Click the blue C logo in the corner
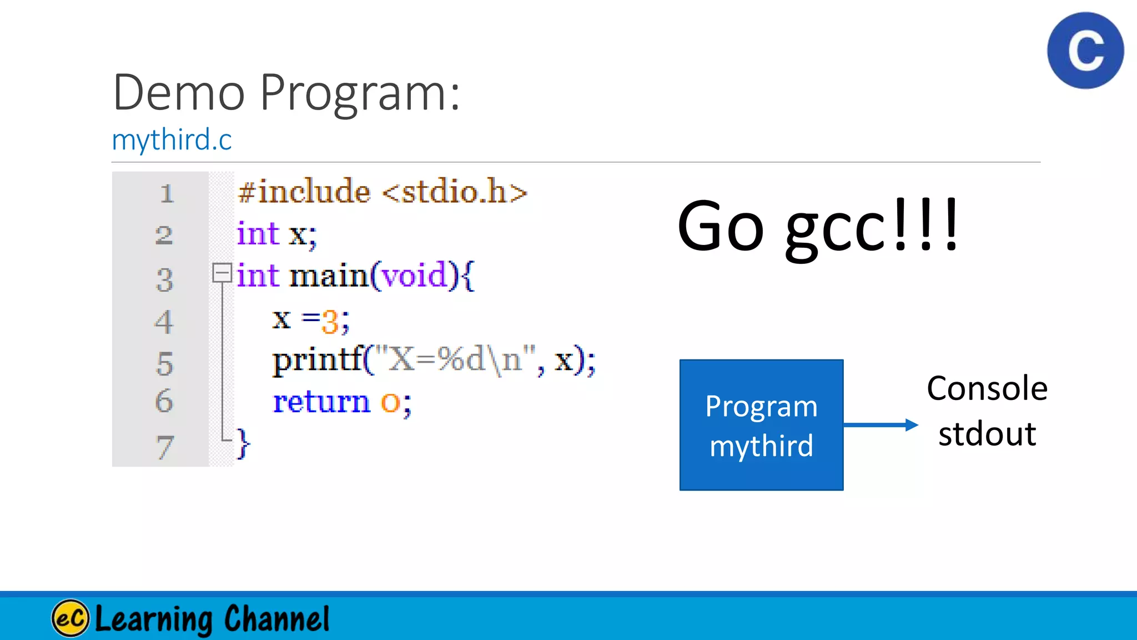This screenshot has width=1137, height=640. coord(1085,51)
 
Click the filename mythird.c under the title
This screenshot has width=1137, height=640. coord(172,139)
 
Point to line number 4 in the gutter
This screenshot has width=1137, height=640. coord(164,322)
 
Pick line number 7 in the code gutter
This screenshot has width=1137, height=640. coord(164,447)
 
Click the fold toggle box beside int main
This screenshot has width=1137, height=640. coord(222,273)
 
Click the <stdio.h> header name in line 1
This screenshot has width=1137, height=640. coord(455,192)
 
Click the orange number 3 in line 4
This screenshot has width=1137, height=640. coord(330,321)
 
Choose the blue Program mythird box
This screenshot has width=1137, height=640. coord(761,425)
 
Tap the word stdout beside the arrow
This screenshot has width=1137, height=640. coord(987,434)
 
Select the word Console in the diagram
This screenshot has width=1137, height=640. coord(987,388)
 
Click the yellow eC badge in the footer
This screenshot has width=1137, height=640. coord(70,618)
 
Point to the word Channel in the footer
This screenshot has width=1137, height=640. coord(276,619)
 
